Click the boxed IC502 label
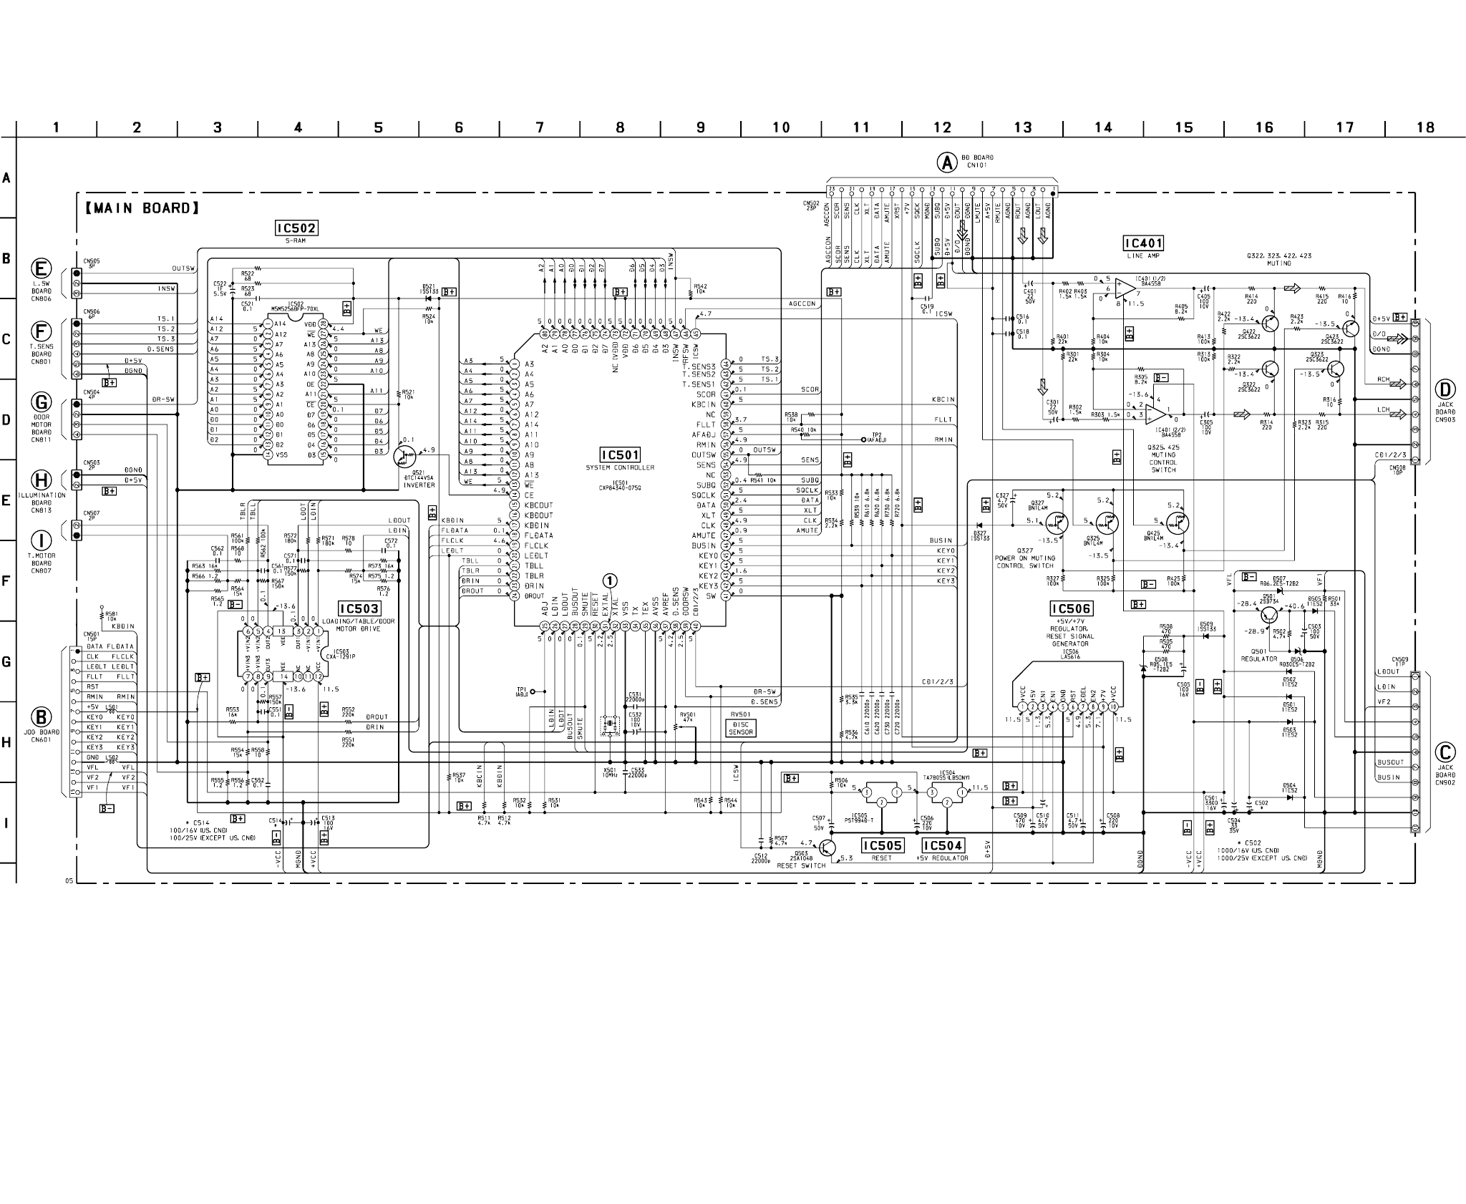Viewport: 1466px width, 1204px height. (296, 228)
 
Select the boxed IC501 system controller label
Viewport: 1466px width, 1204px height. (620, 455)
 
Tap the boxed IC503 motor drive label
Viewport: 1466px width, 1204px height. (359, 609)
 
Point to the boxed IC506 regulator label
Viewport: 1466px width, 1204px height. (1071, 609)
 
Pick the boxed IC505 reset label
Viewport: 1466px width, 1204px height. (882, 845)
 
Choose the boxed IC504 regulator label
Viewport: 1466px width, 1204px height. (943, 845)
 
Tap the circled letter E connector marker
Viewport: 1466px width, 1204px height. (42, 269)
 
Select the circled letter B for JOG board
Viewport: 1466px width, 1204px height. (42, 717)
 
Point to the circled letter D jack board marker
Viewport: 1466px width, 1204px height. (1445, 390)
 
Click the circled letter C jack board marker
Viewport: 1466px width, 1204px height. (1445, 752)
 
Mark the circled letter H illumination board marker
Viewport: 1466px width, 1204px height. (42, 480)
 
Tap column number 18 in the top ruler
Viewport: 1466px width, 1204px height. (1425, 127)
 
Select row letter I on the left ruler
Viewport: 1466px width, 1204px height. (6, 822)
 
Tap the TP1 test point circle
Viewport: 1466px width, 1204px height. (533, 692)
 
